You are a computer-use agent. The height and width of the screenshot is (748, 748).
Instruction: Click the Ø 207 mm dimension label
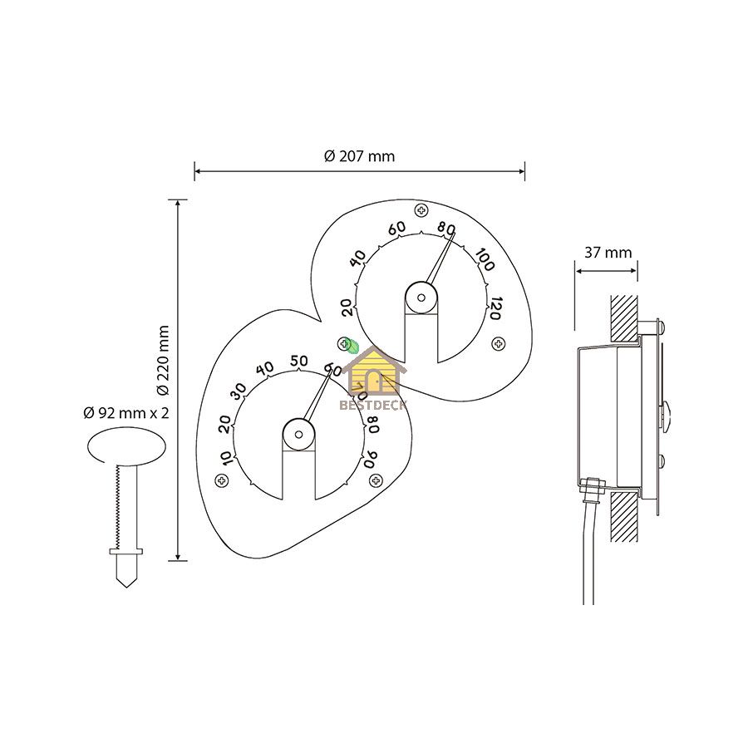359,156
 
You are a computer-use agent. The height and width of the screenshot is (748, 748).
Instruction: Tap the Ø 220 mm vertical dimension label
163,361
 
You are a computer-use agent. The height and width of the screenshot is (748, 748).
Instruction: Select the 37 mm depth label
608,253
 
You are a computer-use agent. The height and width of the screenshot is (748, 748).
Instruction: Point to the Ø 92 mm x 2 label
126,412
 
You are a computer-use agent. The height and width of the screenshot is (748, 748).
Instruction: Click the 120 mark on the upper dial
495,308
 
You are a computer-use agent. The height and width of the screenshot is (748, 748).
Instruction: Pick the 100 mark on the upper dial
485,259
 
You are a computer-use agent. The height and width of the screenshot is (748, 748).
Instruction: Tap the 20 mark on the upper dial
348,308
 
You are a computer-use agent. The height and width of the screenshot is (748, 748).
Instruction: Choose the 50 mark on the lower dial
299,361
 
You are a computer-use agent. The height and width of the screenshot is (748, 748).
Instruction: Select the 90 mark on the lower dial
371,459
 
